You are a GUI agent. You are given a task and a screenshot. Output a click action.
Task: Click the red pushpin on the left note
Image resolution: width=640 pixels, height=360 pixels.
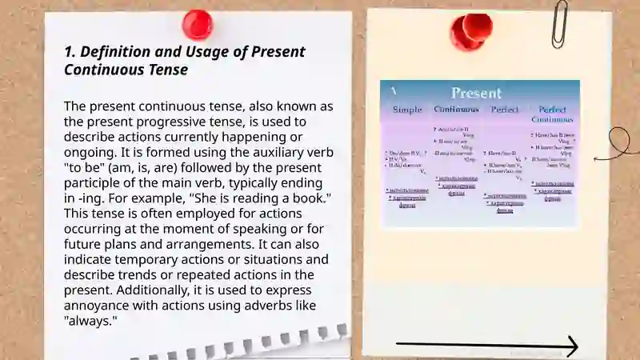tap(197, 24)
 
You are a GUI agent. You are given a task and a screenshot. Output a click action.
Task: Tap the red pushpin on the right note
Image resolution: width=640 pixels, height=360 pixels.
tap(470, 30)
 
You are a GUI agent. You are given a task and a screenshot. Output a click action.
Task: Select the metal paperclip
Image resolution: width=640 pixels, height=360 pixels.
tap(560, 22)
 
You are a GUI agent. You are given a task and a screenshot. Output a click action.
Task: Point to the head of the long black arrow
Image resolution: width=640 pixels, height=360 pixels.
tap(571, 346)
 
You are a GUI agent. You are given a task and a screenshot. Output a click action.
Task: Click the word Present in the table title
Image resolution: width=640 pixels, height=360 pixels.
tap(476, 93)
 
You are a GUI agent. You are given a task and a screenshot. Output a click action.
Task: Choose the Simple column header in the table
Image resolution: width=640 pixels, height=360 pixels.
tap(407, 109)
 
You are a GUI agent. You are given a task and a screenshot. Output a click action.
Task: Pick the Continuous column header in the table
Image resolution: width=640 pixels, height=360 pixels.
tap(456, 109)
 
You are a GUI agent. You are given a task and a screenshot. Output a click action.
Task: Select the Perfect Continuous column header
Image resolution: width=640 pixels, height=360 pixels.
tap(552, 114)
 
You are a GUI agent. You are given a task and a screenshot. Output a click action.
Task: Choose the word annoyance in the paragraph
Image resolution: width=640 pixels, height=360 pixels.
tap(98, 305)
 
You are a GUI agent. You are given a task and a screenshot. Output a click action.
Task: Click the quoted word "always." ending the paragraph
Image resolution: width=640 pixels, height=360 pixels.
tap(90, 320)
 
